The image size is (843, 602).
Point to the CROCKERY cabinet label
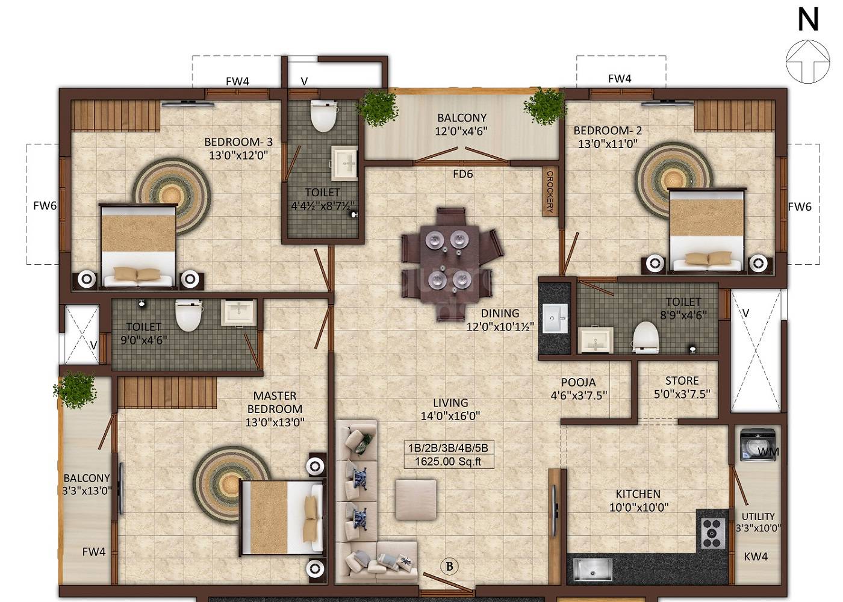550,191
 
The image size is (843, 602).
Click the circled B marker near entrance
449,566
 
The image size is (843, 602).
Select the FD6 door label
462,174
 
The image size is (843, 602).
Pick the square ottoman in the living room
415,499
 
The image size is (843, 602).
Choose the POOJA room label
578,382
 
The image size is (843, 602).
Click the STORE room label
682,381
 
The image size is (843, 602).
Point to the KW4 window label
756,557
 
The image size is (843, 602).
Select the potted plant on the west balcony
77,390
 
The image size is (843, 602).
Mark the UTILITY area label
757,517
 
